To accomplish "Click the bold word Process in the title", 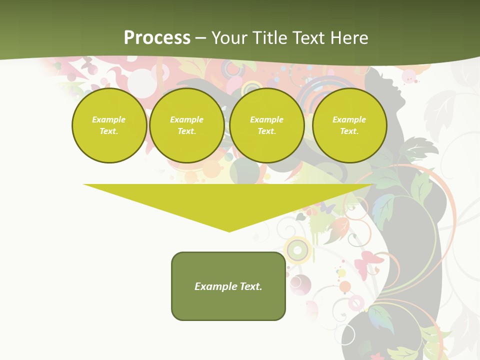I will click(157, 38).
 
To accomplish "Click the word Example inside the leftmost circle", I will click(109, 119).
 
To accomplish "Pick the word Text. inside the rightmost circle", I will click(349, 131).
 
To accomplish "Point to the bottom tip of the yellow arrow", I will click(229, 231).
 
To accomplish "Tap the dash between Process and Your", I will click(201, 38).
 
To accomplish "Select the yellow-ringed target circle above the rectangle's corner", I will click(298, 248).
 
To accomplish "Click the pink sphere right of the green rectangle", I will click(300, 283).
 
